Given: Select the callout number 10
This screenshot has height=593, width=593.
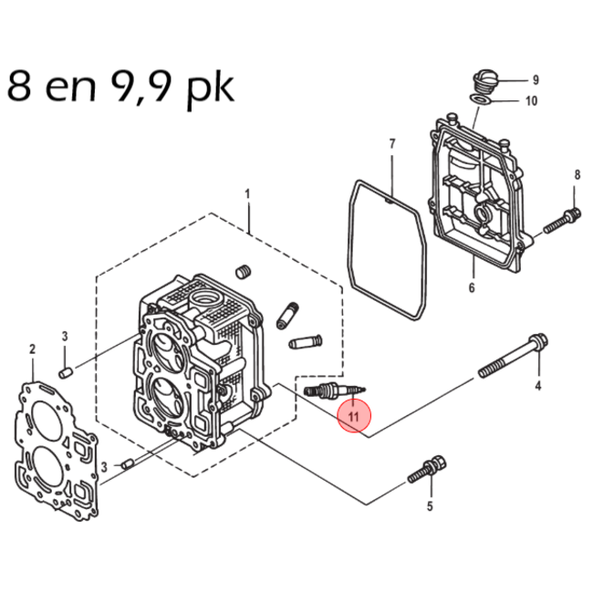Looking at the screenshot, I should (x=532, y=101).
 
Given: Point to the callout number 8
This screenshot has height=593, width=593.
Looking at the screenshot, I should (x=577, y=174).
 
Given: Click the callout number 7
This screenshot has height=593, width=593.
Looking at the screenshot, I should (x=391, y=144).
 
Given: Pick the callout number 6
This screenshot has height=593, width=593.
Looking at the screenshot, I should (x=472, y=288).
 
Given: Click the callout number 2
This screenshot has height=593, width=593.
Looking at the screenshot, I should (x=32, y=349).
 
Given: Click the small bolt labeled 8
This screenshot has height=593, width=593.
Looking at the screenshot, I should (x=562, y=219).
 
